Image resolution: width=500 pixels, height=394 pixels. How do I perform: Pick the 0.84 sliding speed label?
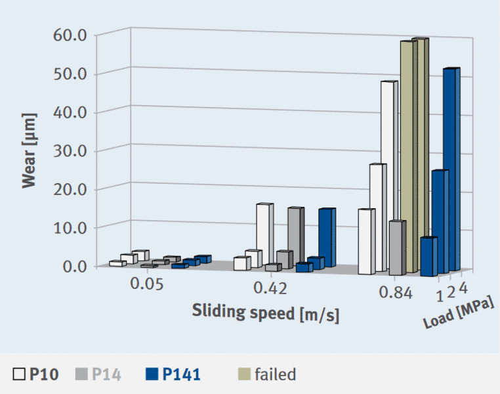click(x=396, y=294)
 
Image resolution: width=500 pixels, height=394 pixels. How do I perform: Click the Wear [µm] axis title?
click(x=28, y=150)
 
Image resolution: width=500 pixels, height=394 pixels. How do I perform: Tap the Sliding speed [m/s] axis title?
click(x=266, y=313)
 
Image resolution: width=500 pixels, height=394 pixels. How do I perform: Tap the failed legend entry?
click(x=266, y=374)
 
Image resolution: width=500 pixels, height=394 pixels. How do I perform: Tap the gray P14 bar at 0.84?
click(x=396, y=248)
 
